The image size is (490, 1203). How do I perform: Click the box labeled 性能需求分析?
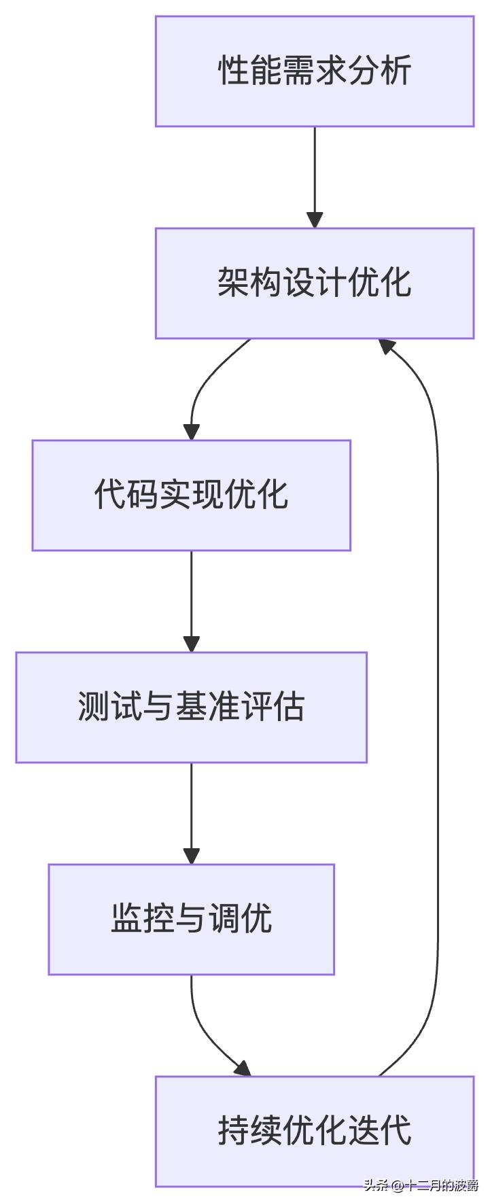tap(314, 71)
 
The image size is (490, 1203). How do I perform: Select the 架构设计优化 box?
tap(314, 283)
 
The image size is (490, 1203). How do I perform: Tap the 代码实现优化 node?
tap(191, 495)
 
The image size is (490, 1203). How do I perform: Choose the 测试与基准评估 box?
tap(191, 708)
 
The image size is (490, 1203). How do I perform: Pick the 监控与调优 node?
tap(191, 920)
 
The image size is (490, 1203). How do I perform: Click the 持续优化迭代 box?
tap(314, 1132)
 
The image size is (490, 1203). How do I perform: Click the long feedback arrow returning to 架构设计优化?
tap(437, 707)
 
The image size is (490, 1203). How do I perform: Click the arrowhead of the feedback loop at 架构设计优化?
tap(387, 347)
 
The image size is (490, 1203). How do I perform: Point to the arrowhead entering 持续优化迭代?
tap(243, 1068)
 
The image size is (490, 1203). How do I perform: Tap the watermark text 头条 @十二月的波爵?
tap(421, 1185)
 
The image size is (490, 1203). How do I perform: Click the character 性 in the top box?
tap(232, 71)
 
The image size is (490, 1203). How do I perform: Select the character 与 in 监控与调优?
tap(191, 920)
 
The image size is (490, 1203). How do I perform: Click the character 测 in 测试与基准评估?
tap(93, 708)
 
